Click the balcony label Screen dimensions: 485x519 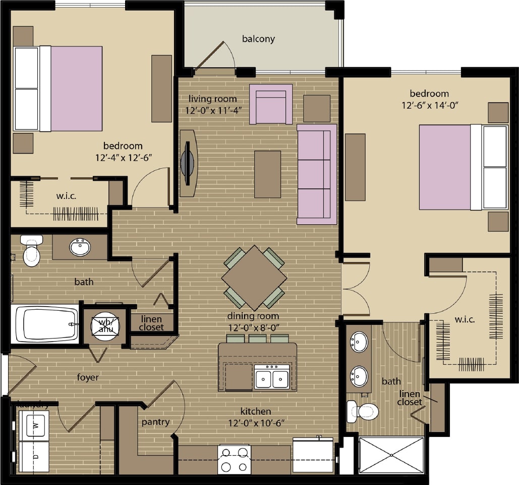click(258, 39)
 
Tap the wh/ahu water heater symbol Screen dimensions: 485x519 click(105, 326)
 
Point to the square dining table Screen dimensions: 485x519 click(254, 277)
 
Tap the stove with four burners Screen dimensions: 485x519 click(234, 460)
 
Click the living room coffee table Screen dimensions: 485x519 click(267, 174)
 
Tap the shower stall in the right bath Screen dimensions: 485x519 click(391, 455)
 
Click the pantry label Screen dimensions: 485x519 click(155, 422)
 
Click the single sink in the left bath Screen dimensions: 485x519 click(80, 248)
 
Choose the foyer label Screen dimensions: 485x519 click(88, 377)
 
